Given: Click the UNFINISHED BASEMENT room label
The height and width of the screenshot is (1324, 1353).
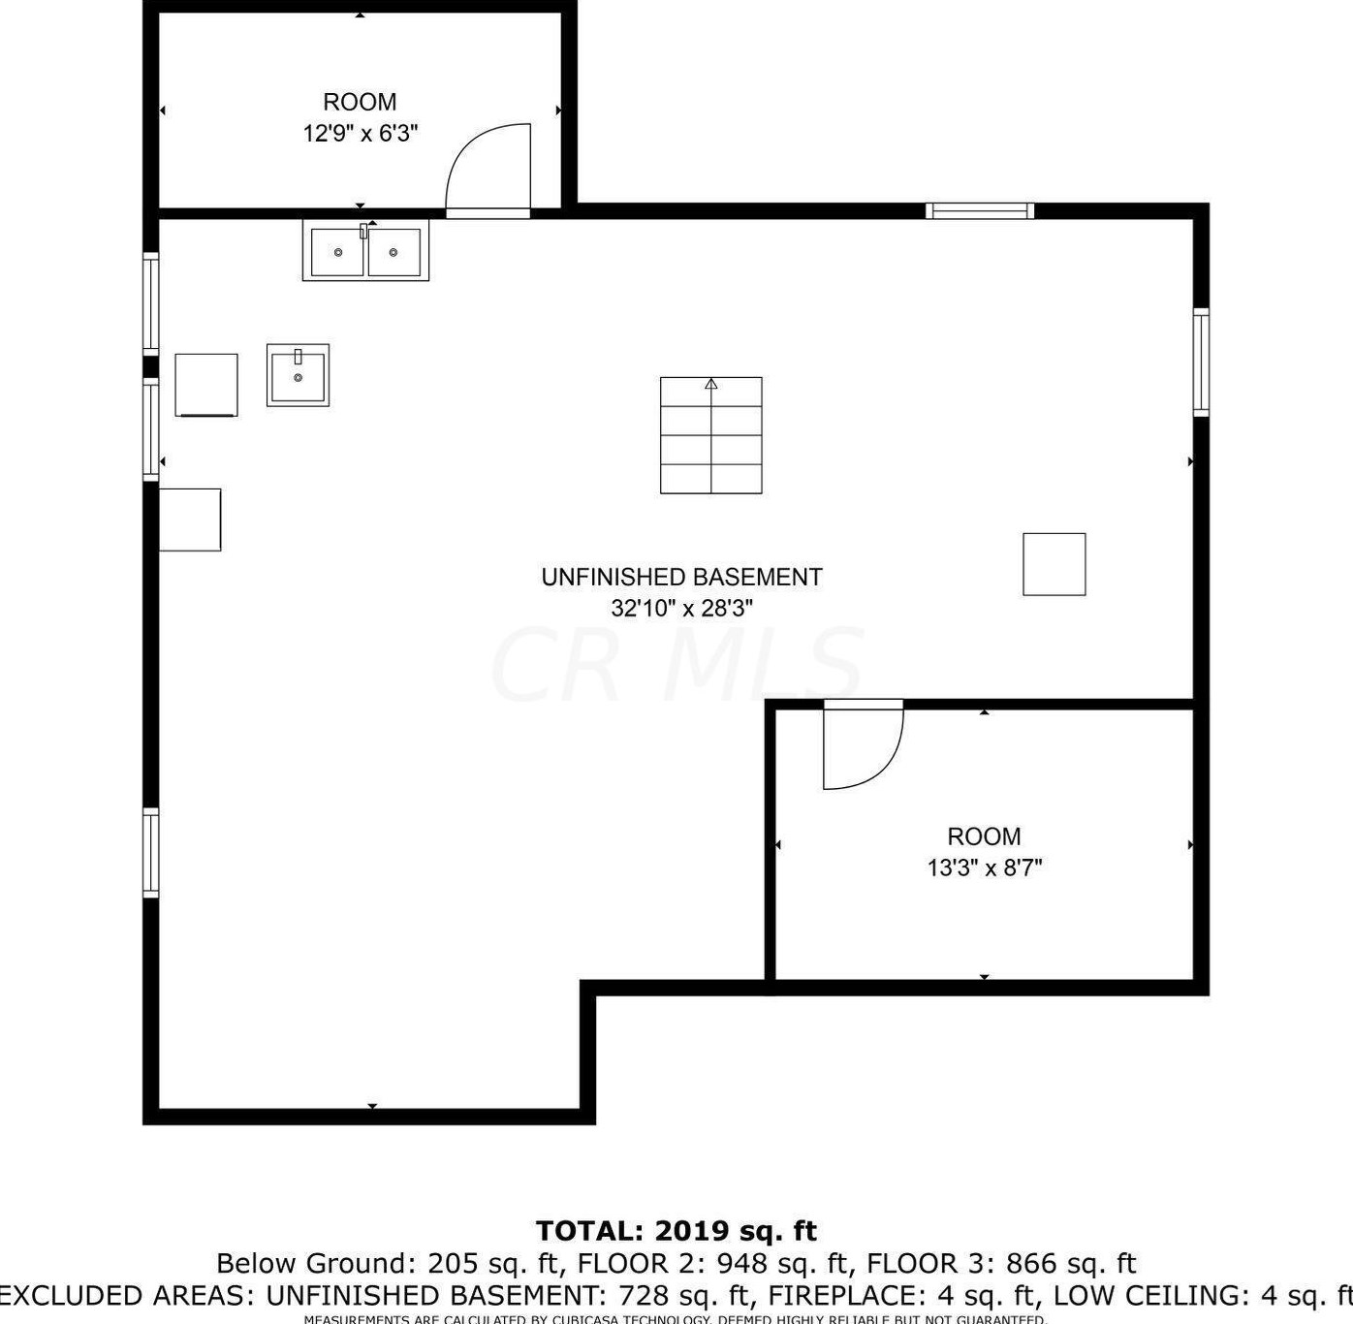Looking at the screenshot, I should [x=681, y=577].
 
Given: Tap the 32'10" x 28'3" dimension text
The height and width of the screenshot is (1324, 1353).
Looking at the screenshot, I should [x=681, y=609].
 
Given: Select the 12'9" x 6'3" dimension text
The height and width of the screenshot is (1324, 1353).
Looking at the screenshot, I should [x=360, y=134].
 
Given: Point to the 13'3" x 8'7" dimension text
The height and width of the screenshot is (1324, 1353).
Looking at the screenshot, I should [x=984, y=867].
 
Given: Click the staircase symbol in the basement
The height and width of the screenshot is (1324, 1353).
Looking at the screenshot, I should [x=710, y=436].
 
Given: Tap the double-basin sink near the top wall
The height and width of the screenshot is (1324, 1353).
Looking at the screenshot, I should [x=365, y=251].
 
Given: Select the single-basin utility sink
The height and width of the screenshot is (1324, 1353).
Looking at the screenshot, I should [x=298, y=375].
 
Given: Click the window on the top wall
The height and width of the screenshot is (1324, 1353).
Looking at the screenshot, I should [x=979, y=211].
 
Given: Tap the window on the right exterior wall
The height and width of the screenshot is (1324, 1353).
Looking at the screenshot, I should [x=1201, y=363].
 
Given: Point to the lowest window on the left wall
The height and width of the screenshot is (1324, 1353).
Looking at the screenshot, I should [x=151, y=853].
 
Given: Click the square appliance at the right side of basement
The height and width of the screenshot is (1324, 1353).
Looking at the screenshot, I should [x=1054, y=564].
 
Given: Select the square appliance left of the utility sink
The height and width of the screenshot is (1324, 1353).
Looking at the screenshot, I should [x=206, y=385].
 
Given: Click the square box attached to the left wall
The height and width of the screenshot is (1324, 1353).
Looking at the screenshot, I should [x=190, y=520].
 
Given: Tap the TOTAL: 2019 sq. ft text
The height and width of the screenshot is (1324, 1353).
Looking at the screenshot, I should [x=676, y=1231].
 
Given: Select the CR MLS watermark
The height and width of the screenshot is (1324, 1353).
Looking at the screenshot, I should [x=676, y=665].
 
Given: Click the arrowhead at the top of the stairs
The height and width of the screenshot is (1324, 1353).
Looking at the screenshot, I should [x=710, y=384].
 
